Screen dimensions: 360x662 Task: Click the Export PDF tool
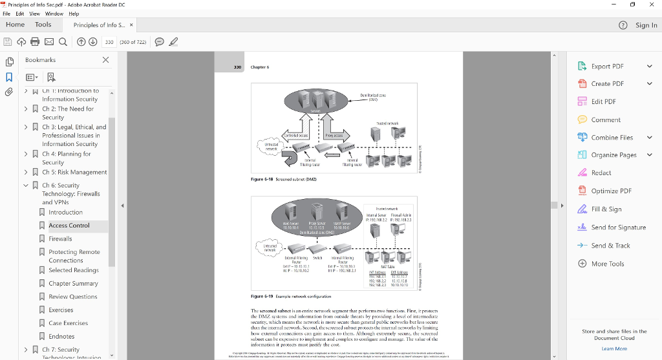pyautogui.click(x=607, y=66)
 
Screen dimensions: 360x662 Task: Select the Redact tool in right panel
pyautogui.click(x=601, y=173)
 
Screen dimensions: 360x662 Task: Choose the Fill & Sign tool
pyautogui.click(x=606, y=209)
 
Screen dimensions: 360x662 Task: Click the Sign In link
pyautogui.click(x=646, y=25)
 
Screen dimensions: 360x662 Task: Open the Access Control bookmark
pyautogui.click(x=69, y=226)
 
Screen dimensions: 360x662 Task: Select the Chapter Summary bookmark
pyautogui.click(x=73, y=283)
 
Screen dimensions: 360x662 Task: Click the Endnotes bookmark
pyautogui.click(x=61, y=336)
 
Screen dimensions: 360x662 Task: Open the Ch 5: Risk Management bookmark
pyautogui.click(x=74, y=172)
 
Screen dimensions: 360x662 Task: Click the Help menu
pyautogui.click(x=74, y=14)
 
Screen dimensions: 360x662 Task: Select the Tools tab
pyautogui.click(x=43, y=25)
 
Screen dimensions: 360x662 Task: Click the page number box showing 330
pyautogui.click(x=109, y=42)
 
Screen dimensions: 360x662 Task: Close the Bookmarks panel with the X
pyautogui.click(x=106, y=59)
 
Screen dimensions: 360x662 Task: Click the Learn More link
pyautogui.click(x=614, y=348)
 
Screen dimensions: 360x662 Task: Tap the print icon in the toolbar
pyautogui.click(x=35, y=42)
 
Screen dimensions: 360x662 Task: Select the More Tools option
pyautogui.click(x=607, y=264)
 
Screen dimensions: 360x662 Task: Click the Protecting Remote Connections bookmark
pyautogui.click(x=74, y=256)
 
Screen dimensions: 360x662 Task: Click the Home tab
pyautogui.click(x=15, y=25)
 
